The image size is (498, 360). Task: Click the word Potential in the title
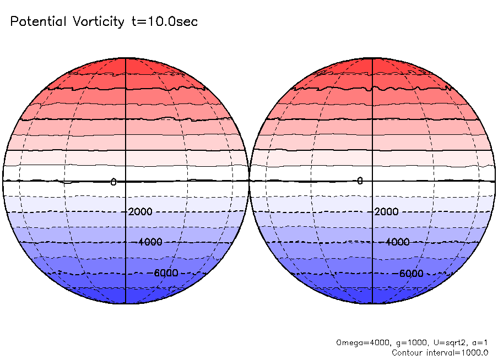point(37,22)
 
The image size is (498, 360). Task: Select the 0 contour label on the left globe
point(113,182)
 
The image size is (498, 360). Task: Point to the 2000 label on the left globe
point(140,212)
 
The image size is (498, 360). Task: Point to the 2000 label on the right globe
point(387,212)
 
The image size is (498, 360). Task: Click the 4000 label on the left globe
point(150,242)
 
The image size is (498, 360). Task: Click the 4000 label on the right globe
point(397,242)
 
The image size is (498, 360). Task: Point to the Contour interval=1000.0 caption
point(440,352)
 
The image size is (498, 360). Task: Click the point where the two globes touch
point(249,181)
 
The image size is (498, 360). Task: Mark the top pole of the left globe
point(126,57)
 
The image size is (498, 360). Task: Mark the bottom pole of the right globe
point(372,303)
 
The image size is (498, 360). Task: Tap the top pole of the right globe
point(372,57)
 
